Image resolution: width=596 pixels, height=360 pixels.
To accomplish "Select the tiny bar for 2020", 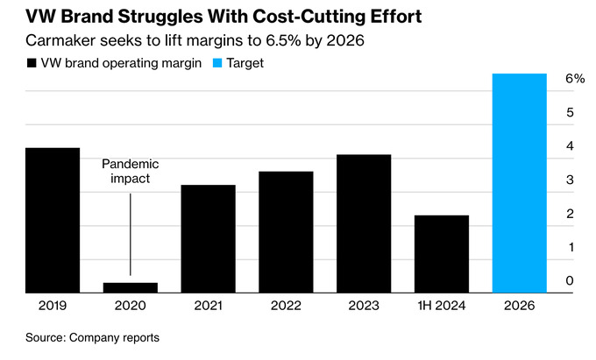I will [131, 286].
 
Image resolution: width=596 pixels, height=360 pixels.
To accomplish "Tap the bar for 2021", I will [208, 237].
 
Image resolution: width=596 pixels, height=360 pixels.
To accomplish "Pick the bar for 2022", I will [286, 230].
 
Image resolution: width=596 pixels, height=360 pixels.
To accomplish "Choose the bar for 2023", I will [364, 222].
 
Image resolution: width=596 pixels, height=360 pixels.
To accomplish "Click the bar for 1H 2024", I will [442, 252].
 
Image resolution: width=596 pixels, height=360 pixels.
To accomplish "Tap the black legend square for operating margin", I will [32, 63].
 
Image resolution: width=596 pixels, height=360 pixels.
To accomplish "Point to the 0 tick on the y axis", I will [570, 280].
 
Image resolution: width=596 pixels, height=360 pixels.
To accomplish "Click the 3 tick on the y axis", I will [570, 180].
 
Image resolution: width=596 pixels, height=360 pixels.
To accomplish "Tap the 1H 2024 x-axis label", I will [442, 306].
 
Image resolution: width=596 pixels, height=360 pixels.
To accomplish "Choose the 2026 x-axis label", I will [520, 306].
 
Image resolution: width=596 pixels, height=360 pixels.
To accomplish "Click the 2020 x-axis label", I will [131, 306].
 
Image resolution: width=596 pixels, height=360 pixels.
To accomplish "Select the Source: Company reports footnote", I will [92, 337].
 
